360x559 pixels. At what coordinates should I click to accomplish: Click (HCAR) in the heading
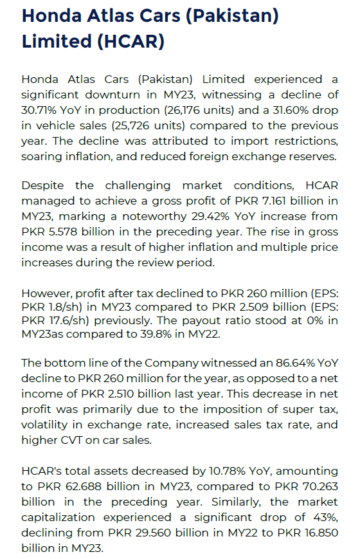point(130,41)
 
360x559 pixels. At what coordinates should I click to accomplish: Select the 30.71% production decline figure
point(39,110)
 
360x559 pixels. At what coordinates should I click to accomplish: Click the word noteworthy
point(155,216)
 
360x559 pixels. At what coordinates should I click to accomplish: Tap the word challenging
point(138,186)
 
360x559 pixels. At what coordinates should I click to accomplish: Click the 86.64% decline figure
point(295,363)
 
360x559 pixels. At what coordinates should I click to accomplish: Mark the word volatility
point(44,425)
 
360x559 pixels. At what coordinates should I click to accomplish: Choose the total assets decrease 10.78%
point(227,471)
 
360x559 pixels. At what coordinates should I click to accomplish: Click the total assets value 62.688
point(84,486)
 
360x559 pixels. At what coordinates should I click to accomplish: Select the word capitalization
point(58,517)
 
